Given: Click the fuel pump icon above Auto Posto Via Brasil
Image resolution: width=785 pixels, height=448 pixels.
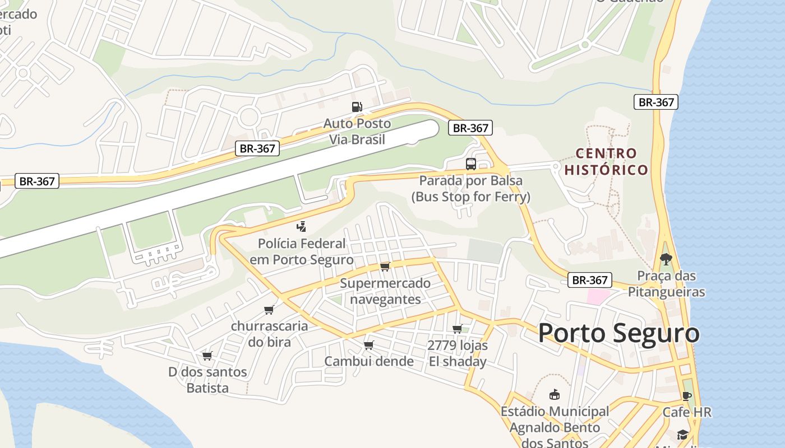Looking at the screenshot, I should click(356, 107).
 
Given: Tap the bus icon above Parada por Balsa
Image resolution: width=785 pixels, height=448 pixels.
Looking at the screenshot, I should click(471, 164).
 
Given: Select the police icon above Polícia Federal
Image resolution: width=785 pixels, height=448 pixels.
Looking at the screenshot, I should click(302, 227).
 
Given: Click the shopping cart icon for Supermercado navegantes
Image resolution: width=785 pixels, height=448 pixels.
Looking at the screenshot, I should click(385, 267).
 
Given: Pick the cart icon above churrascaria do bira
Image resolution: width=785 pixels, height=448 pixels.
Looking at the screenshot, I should click(269, 310).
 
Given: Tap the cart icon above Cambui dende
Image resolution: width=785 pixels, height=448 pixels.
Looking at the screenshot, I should click(368, 345).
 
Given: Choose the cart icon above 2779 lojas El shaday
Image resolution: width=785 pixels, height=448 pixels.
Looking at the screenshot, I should click(457, 329).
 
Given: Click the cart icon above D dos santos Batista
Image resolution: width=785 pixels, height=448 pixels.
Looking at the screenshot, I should click(207, 356).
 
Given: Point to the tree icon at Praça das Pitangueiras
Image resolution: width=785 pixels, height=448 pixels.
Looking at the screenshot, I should click(666, 259).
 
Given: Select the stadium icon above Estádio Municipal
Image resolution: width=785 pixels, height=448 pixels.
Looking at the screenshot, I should click(555, 395).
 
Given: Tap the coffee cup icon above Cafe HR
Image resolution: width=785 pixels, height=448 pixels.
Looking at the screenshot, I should click(687, 396).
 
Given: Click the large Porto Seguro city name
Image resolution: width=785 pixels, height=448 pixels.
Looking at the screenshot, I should click(618, 334).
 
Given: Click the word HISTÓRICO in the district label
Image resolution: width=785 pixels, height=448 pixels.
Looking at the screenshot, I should click(606, 170).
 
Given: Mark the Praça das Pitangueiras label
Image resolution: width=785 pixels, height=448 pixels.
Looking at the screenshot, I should click(666, 284).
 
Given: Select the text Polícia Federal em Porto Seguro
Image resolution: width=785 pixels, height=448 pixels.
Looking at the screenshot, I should click(306, 252).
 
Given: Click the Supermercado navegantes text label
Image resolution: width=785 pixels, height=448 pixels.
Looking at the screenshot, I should click(385, 291).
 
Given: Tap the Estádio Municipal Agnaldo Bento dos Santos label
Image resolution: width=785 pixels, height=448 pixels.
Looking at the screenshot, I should click(555, 427).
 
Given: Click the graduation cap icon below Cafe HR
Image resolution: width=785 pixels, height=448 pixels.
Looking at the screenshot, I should click(682, 435).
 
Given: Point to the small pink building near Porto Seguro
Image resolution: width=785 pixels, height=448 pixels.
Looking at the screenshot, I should click(598, 297).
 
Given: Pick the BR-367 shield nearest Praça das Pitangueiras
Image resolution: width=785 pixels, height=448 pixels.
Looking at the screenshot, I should click(589, 280).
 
